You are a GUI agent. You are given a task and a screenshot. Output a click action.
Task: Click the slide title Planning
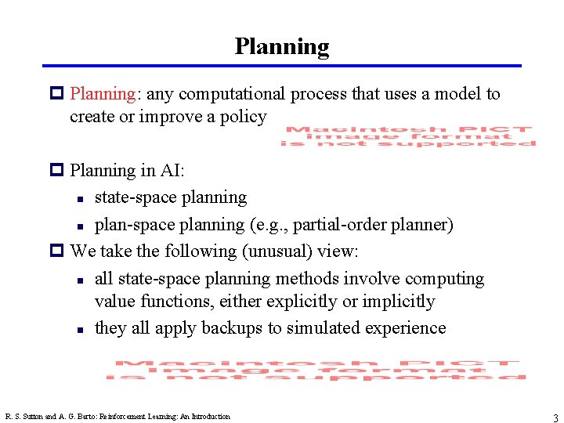[x=282, y=47]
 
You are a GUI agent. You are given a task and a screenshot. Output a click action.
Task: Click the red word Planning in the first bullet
[x=103, y=95]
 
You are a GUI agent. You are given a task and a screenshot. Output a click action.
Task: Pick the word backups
[x=232, y=328]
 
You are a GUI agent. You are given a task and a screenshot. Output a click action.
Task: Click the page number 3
[x=555, y=417]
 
